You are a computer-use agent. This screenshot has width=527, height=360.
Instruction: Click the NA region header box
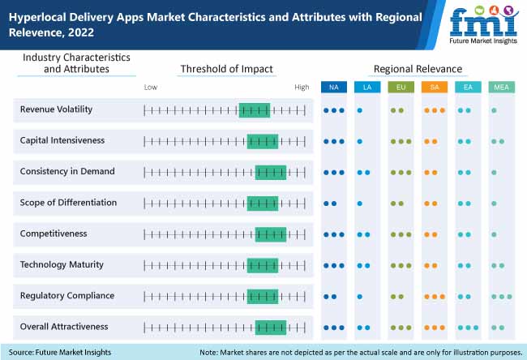point(334,87)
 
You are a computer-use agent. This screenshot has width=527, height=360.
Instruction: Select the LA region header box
point(367,87)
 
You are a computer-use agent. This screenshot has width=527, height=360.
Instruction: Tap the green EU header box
point(401,87)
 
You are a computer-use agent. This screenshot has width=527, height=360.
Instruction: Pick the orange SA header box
point(434,87)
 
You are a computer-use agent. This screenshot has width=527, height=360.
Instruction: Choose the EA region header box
point(467,87)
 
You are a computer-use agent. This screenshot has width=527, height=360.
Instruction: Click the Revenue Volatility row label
point(56,109)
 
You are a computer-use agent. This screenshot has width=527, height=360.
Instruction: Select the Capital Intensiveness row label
point(62,140)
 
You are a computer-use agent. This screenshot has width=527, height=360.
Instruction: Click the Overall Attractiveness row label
point(64,327)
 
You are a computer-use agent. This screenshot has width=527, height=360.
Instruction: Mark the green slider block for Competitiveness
point(270,234)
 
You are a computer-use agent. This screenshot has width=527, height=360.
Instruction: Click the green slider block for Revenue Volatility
point(255,109)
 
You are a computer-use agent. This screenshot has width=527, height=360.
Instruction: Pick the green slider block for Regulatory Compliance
point(263,296)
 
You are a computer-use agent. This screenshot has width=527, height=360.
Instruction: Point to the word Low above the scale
point(151,87)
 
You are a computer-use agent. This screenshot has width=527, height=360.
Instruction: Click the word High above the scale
point(302,87)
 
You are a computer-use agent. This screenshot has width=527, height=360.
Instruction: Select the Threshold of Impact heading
point(226,69)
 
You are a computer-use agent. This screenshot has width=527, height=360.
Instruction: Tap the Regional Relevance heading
point(418,69)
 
